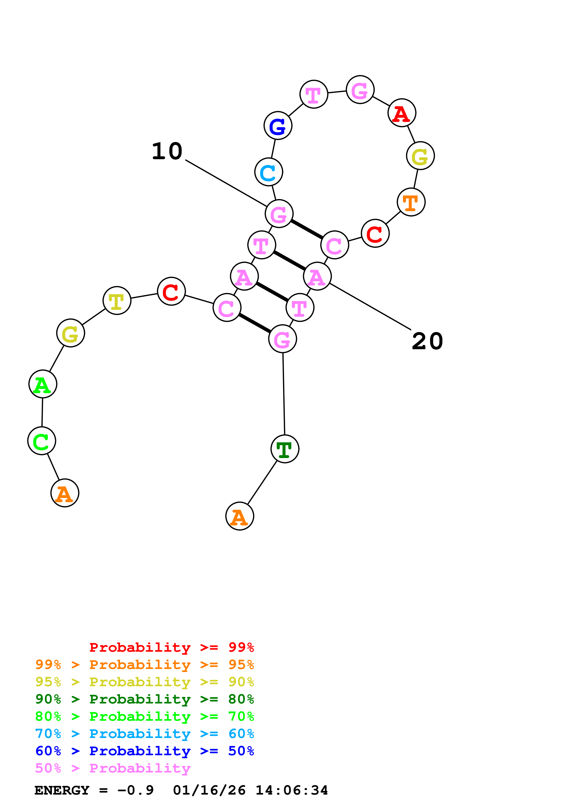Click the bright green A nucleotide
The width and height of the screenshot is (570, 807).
(x=43, y=384)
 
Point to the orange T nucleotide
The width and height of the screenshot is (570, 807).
(x=411, y=202)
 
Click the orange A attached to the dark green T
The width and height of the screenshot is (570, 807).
(x=240, y=516)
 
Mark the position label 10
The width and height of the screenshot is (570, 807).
(x=167, y=152)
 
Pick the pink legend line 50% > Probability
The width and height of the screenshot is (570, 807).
(x=113, y=768)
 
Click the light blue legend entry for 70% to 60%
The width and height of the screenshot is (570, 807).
(x=144, y=734)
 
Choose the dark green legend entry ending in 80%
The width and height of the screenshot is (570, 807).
(x=144, y=699)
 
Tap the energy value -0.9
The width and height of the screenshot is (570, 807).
(x=136, y=790)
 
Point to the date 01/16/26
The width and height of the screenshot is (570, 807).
(x=209, y=790)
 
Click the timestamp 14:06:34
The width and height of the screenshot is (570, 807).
(x=292, y=790)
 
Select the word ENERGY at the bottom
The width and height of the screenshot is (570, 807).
(x=62, y=790)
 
